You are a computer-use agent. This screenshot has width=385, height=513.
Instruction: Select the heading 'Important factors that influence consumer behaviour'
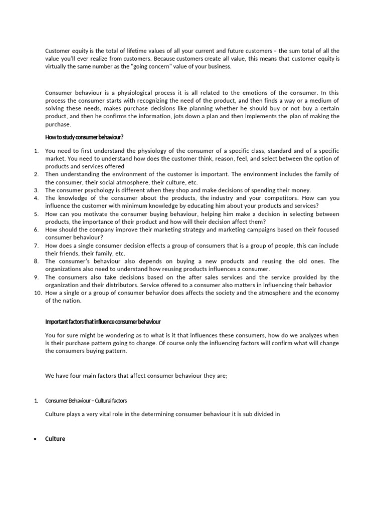point(103,321)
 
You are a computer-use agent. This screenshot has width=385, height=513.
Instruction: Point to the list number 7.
point(37,245)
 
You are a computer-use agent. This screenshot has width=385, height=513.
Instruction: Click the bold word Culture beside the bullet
point(55,439)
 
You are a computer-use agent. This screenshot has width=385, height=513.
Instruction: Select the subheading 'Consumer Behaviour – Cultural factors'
point(89,401)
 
